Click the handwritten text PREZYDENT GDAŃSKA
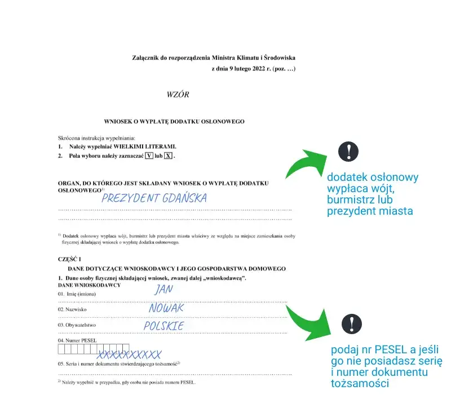[x=154, y=198]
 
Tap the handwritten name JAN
[x=163, y=289]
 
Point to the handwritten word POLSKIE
[x=164, y=326]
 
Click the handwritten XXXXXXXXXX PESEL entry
[x=130, y=355]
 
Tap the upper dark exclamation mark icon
[x=348, y=152]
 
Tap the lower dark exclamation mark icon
[x=352, y=323]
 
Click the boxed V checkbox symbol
[x=149, y=155]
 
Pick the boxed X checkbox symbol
[x=168, y=155]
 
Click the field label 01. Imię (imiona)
[x=77, y=294]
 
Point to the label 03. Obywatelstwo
[x=78, y=326]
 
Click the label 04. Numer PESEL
[x=78, y=341]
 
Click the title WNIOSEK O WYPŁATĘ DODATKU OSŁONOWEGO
[x=174, y=122]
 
